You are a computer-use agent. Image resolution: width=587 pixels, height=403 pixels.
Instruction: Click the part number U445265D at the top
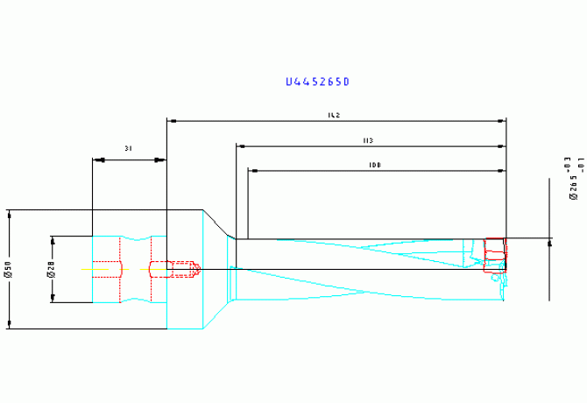(317, 82)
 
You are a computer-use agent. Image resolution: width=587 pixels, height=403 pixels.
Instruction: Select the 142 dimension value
(334, 115)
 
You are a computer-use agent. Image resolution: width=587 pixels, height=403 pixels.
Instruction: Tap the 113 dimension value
(368, 140)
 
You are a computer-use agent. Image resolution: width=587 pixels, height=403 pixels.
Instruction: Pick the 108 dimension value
(375, 165)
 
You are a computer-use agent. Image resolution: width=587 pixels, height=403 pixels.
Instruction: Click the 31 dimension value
(129, 149)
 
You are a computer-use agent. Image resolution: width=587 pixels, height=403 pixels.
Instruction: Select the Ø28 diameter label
(50, 269)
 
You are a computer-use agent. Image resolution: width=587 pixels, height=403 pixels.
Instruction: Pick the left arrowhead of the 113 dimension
(240, 146)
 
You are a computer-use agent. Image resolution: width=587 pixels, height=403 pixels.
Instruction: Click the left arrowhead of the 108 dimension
(252, 171)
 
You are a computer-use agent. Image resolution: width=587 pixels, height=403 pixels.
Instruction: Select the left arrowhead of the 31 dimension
(96, 159)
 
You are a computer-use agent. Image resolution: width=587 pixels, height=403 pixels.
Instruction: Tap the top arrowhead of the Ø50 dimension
(9, 214)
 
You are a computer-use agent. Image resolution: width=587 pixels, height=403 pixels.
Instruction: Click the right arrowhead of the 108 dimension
(502, 171)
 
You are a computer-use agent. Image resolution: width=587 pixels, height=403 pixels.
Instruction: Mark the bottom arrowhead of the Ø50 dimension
(9, 325)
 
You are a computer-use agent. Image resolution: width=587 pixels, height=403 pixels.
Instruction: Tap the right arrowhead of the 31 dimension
(162, 159)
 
